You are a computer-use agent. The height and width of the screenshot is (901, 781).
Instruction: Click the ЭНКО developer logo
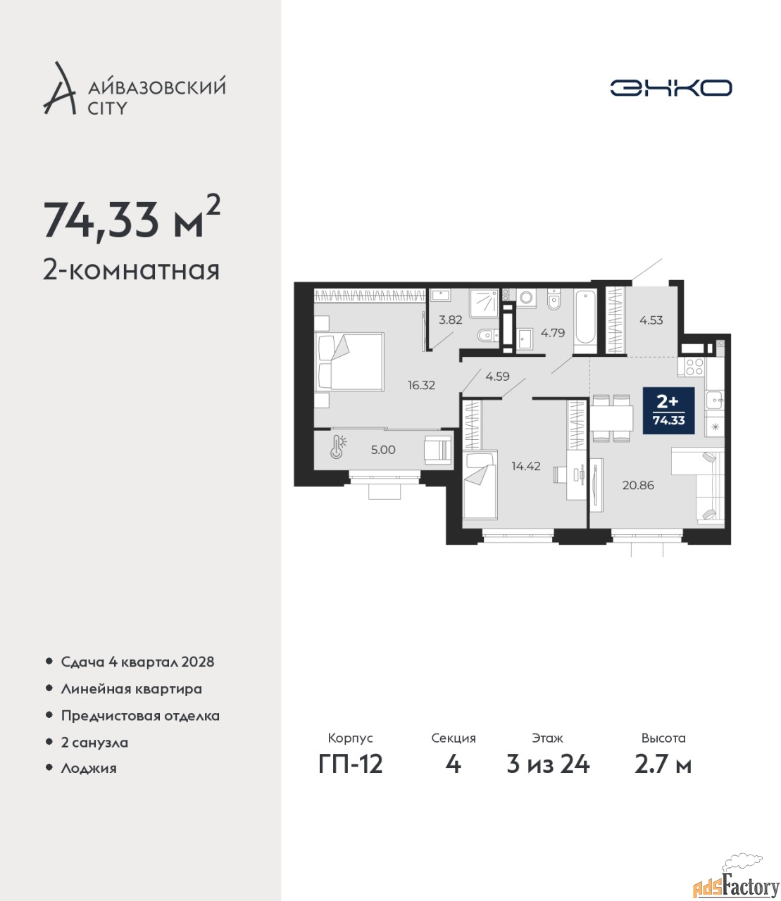click(x=670, y=87)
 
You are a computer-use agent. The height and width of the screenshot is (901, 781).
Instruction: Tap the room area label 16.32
click(x=421, y=385)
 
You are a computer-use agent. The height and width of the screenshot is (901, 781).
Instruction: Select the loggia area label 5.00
click(x=383, y=450)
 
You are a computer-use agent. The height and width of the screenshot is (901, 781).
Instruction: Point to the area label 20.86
click(x=638, y=485)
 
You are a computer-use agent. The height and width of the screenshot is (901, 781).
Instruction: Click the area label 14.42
click(x=526, y=466)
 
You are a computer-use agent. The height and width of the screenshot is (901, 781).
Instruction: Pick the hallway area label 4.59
click(x=497, y=376)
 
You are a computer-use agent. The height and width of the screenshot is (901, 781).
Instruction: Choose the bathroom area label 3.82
click(x=451, y=320)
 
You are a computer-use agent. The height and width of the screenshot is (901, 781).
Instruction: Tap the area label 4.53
click(x=651, y=320)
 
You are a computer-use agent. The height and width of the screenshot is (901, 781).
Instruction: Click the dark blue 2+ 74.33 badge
click(x=669, y=410)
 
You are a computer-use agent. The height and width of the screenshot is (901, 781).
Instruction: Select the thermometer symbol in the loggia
click(x=338, y=446)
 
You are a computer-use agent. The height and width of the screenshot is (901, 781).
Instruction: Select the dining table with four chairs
click(x=612, y=418)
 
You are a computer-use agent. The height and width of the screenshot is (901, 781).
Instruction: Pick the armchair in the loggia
click(x=439, y=449)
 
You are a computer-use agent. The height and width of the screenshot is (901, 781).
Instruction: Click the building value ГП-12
click(x=351, y=764)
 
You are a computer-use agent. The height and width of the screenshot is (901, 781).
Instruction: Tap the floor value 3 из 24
click(x=548, y=764)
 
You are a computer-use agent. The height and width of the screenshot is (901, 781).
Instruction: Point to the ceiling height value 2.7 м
click(x=663, y=764)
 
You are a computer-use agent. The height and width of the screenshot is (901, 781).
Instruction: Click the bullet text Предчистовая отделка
click(x=140, y=715)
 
